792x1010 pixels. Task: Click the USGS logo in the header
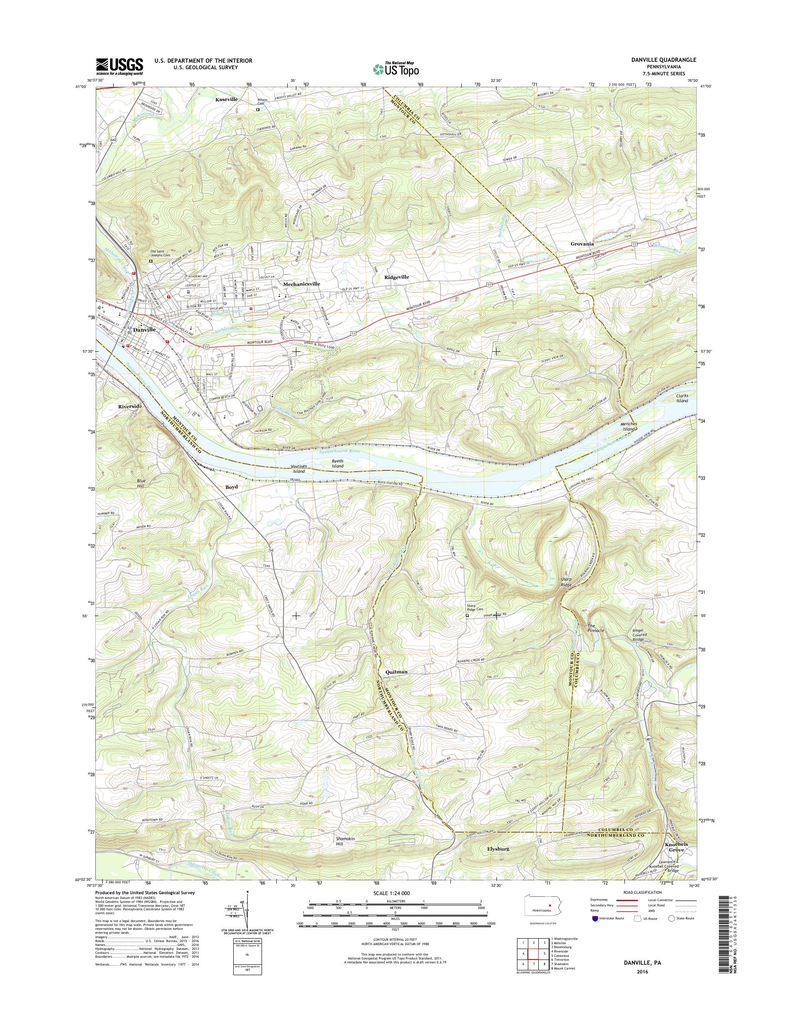[x=119, y=67]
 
